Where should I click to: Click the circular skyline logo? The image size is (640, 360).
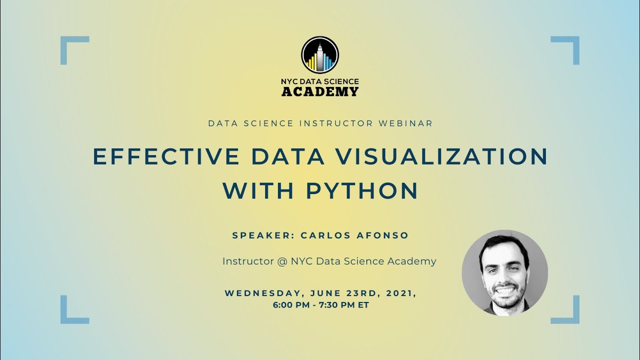320,55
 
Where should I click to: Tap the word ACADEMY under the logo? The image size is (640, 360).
320,91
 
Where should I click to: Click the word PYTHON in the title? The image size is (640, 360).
362,190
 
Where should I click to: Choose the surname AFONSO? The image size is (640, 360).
384,235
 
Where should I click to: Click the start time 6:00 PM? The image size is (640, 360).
290,304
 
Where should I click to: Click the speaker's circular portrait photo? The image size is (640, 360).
504,273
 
